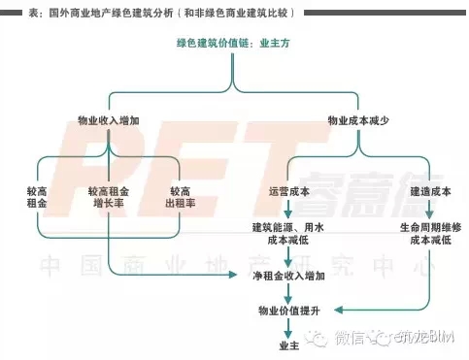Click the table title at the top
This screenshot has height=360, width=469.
[x=155, y=12]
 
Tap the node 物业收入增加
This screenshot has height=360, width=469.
[x=109, y=121]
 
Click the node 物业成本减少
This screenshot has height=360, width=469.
[x=357, y=121]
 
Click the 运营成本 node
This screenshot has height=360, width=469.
[x=288, y=192]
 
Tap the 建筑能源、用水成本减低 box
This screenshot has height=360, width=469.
[x=288, y=234]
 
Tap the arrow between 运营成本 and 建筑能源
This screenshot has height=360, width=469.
[x=288, y=211]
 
